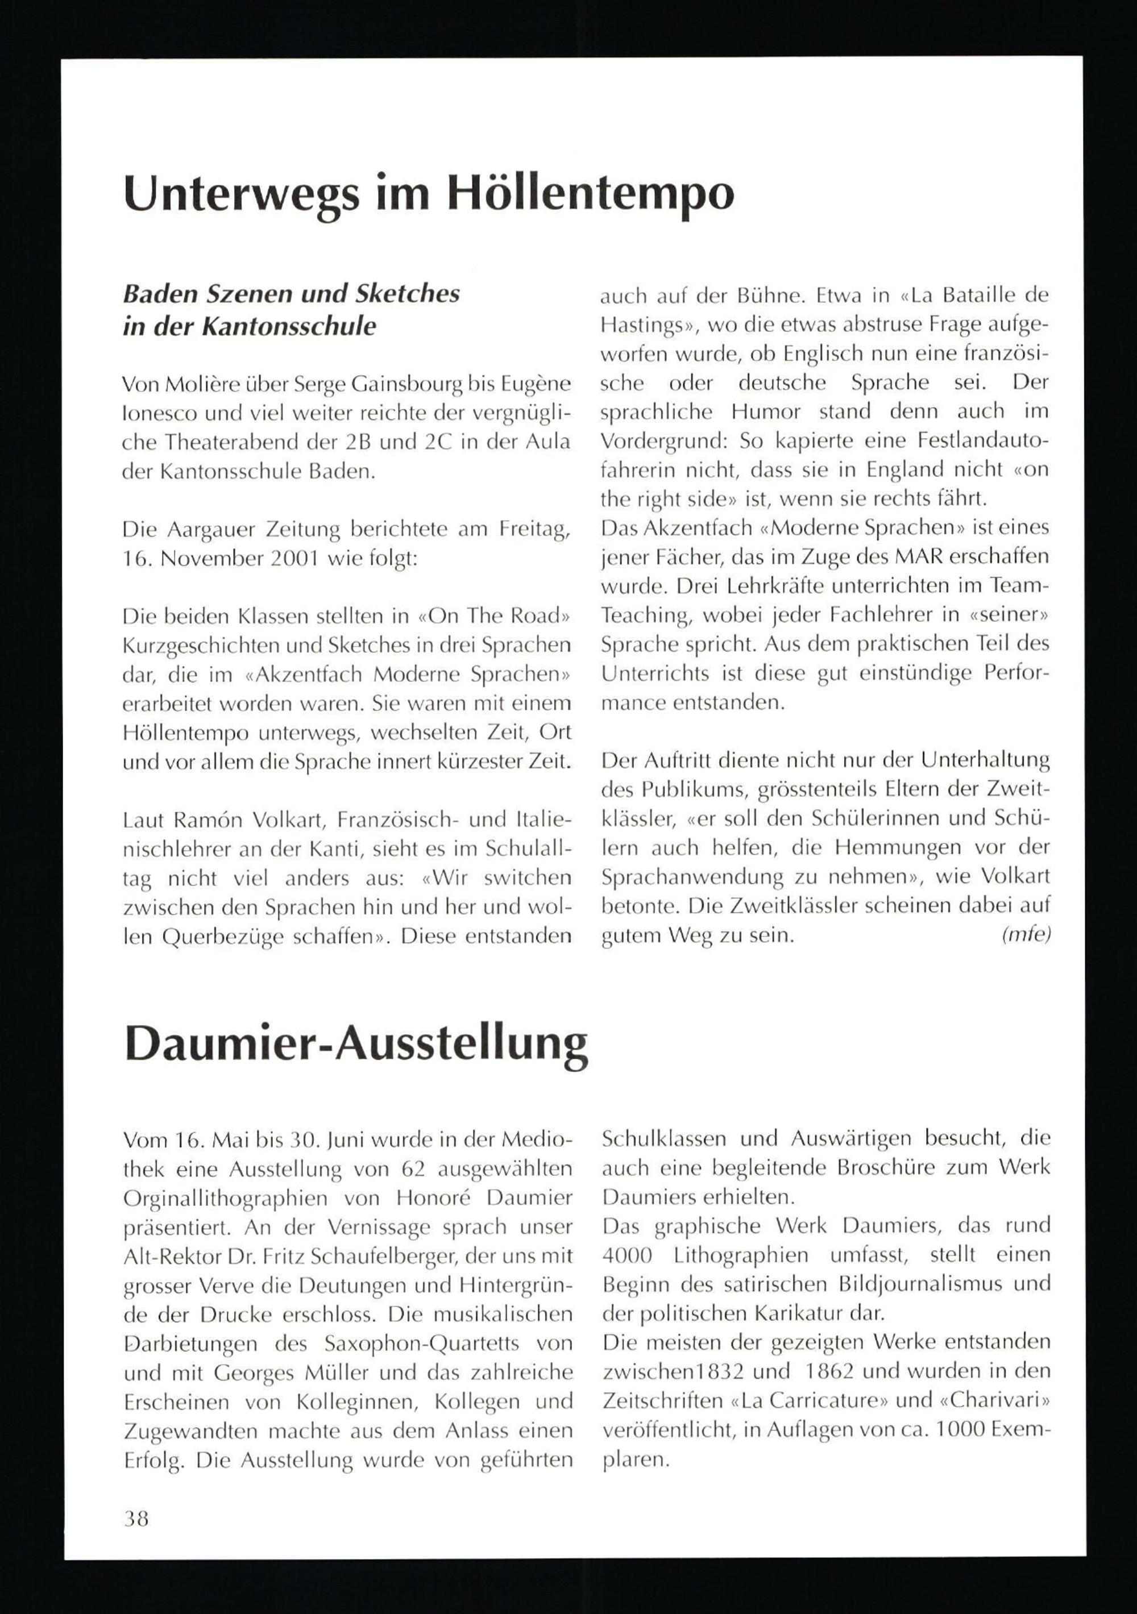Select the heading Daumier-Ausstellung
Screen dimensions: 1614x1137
tap(356, 1043)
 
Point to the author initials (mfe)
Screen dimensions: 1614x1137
tap(1027, 935)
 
